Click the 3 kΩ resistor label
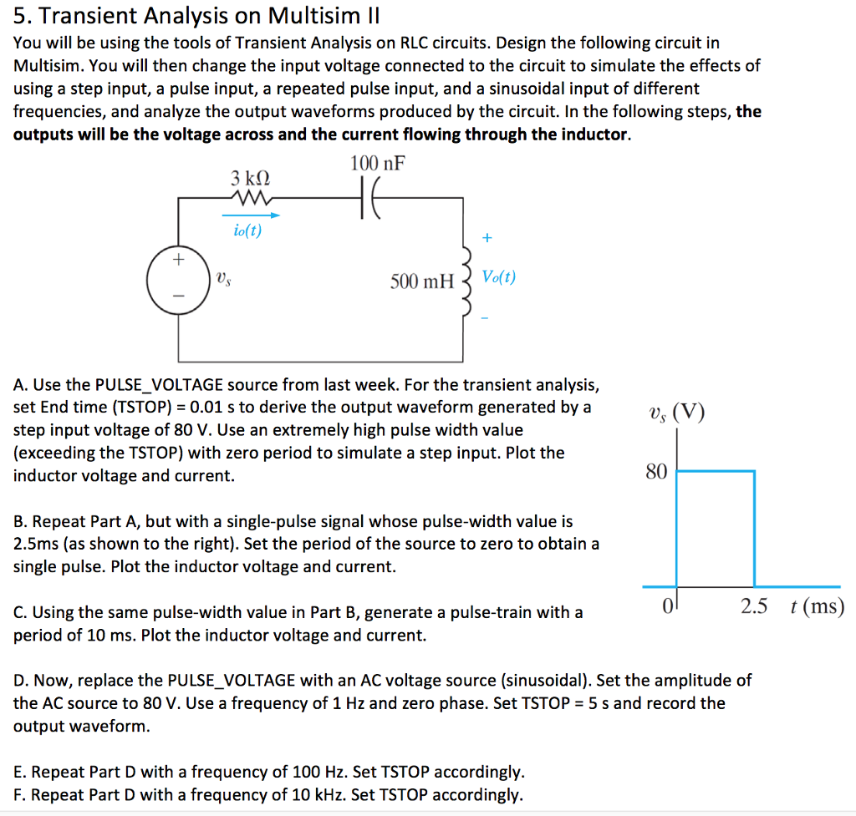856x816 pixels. (x=250, y=178)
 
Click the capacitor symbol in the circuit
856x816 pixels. (x=369, y=200)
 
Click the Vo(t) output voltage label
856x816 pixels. (x=499, y=277)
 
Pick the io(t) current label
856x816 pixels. (x=247, y=231)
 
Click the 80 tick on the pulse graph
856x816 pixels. (x=656, y=473)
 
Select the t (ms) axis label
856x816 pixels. (x=817, y=607)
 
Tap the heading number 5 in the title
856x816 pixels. (x=21, y=15)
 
